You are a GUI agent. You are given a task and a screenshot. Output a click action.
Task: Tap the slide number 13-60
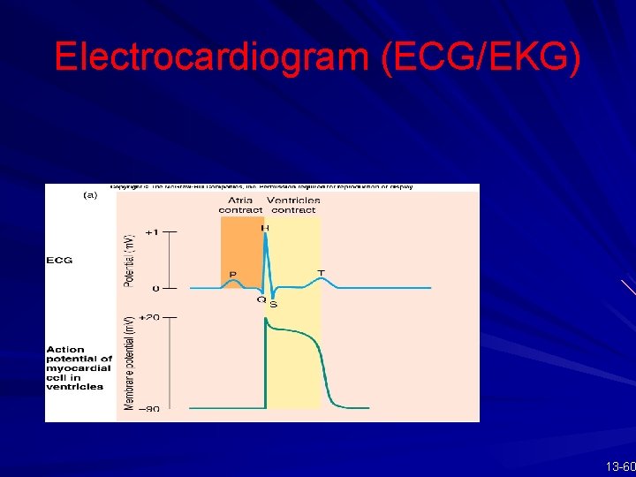click(621, 466)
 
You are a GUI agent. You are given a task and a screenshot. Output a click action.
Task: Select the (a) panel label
click(90, 196)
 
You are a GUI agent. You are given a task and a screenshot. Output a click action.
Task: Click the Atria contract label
click(241, 205)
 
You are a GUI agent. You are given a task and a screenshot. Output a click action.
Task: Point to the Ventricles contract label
click(295, 205)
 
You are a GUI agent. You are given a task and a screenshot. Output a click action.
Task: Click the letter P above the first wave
click(233, 275)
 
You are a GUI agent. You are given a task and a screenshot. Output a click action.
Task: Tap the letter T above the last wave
click(321, 272)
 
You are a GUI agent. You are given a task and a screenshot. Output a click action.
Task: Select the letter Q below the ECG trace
click(261, 299)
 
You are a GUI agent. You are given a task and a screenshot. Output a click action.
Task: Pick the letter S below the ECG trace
click(273, 305)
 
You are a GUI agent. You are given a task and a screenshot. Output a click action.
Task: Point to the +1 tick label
click(153, 232)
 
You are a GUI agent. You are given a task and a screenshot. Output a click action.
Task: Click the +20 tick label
click(150, 316)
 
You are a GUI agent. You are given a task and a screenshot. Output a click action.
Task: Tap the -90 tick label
click(150, 409)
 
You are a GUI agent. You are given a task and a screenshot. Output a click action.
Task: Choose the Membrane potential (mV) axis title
click(128, 362)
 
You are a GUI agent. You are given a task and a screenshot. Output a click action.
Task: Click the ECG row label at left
click(59, 261)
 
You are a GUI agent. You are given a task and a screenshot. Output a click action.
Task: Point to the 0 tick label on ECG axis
click(156, 288)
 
